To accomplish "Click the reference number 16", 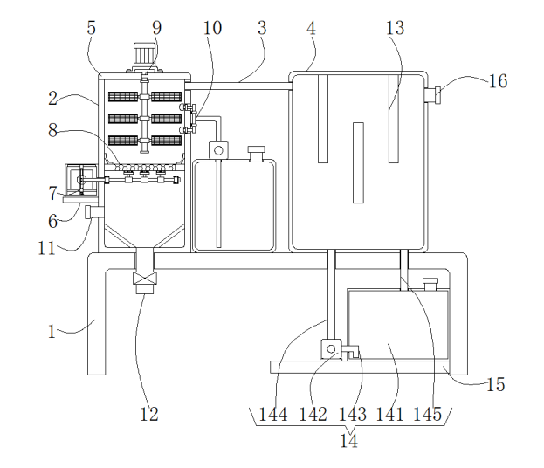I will (498, 81).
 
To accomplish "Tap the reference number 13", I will (395, 28).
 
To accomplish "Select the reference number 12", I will (149, 414).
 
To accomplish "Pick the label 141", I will (389, 414).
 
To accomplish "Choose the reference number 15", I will (495, 384).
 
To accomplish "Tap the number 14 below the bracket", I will (349, 441).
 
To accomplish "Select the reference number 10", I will (213, 28).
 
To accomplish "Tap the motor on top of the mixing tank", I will (142, 54).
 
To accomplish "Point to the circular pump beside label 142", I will (331, 349).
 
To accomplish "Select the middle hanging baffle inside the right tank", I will (356, 162).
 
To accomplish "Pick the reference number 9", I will (156, 28).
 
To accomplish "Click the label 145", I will (428, 414).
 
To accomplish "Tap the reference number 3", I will (262, 28).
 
